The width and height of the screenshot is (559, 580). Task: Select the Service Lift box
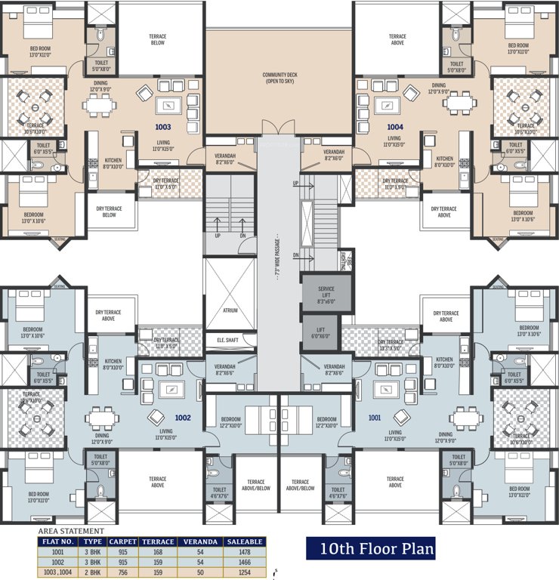(x=326, y=293)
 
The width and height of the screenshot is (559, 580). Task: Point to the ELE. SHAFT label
(x=227, y=341)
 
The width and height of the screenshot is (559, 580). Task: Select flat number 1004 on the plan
(x=395, y=128)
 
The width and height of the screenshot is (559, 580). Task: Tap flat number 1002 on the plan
(x=184, y=417)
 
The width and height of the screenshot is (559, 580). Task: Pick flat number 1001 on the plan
(x=375, y=417)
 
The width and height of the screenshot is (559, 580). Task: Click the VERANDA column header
(x=201, y=541)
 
